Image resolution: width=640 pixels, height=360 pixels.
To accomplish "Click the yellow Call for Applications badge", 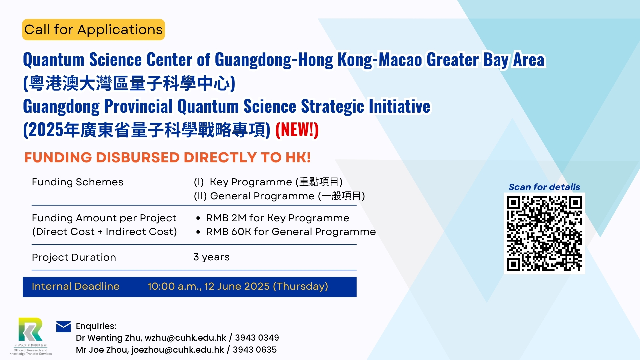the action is click(93, 30).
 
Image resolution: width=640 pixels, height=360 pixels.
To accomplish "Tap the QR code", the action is click(544, 233).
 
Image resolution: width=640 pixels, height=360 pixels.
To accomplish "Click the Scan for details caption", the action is click(544, 187).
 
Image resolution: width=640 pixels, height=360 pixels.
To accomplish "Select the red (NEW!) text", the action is click(297, 130).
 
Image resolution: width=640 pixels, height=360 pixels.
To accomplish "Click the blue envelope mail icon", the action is click(63, 327).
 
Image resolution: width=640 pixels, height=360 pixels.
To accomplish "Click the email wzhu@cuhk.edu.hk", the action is click(185, 338).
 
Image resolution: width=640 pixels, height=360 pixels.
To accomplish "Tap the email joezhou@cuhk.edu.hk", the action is click(178, 350).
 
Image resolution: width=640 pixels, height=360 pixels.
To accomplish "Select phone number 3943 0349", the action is click(257, 338).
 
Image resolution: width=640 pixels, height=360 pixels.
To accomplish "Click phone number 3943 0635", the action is click(255, 350).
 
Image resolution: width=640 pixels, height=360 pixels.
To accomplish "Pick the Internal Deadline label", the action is click(76, 286).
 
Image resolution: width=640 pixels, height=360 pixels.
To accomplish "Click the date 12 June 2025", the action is click(237, 286).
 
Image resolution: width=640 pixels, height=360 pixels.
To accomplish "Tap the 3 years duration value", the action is click(211, 257).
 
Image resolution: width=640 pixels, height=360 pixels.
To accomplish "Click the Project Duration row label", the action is click(74, 257).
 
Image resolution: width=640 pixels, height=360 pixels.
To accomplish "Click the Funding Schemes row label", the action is click(78, 182).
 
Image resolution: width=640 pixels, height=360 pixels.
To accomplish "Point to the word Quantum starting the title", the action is click(54, 60).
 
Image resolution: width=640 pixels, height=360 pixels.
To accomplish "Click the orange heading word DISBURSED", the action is click(138, 157).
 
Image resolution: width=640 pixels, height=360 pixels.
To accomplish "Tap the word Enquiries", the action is click(96, 326).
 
